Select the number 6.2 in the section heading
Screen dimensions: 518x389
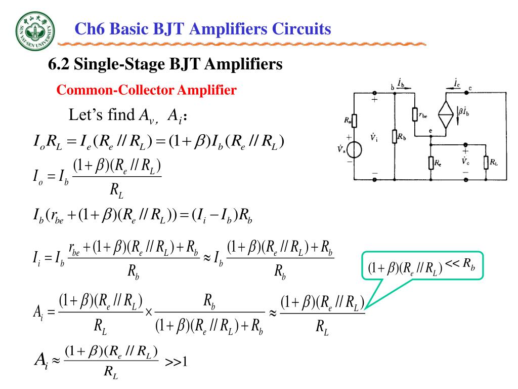pyautogui.click(x=58, y=65)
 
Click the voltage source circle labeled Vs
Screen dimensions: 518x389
pyautogui.click(x=354, y=150)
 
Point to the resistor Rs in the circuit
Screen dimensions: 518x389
pyautogui.click(x=354, y=121)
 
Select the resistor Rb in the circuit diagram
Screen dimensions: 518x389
pyautogui.click(x=395, y=137)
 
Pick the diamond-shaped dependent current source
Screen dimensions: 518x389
pyautogui.click(x=446, y=115)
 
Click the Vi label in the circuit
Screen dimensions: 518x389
pyautogui.click(x=373, y=137)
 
